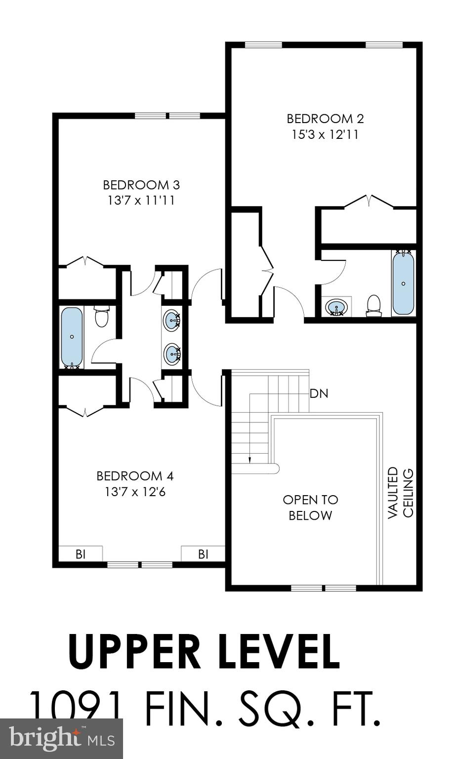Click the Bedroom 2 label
325,119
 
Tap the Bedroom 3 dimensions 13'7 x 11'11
141,201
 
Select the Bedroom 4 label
135,476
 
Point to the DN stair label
319,394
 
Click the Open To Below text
310,507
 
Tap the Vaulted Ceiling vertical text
400,493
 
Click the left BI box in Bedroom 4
81,554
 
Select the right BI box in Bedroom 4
203,554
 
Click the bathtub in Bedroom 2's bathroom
404,283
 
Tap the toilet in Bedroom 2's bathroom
373,305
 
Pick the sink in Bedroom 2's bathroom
336,307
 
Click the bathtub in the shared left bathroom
72,337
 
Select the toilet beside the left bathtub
101,317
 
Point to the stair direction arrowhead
250,460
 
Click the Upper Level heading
204,651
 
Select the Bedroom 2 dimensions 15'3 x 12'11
325,134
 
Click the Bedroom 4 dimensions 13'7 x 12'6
135,492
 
